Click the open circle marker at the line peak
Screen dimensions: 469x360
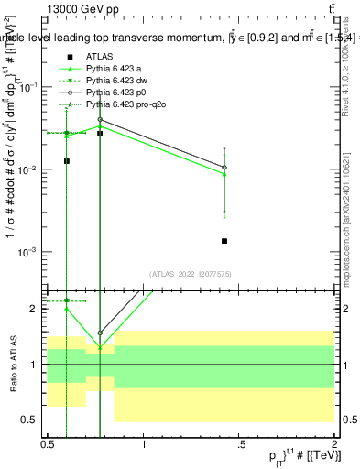click(100, 119)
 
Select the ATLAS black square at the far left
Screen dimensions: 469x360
click(67, 161)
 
